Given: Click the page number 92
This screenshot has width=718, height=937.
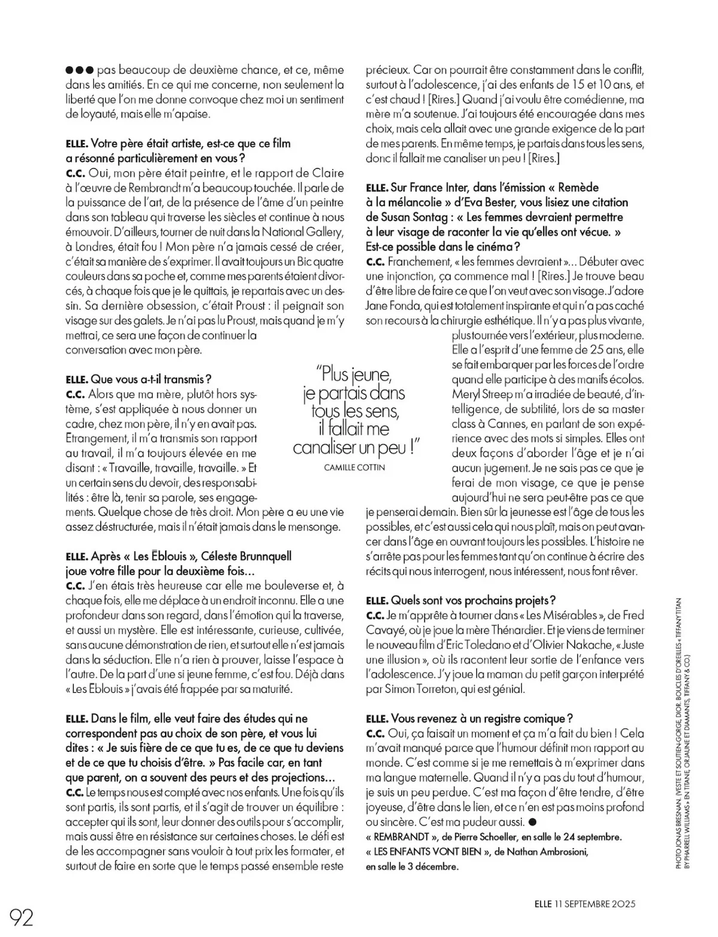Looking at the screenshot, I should (x=22, y=916).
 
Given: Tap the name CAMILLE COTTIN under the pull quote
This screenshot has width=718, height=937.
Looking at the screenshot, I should (x=355, y=467).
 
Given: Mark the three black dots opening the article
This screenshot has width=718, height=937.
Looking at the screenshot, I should (x=80, y=71).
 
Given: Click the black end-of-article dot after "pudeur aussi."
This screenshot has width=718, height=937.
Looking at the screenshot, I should (x=534, y=821).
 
